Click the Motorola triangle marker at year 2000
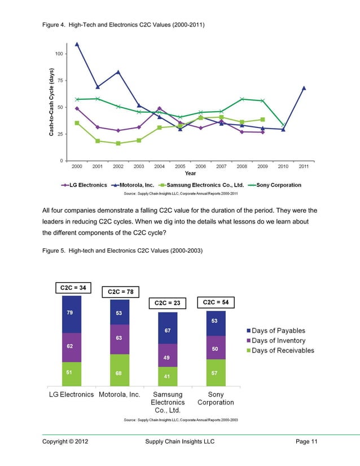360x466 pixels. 77,44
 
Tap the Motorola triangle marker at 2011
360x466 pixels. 304,88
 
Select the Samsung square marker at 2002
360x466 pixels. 118,143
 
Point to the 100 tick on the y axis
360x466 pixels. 59,54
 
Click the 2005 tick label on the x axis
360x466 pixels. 181,167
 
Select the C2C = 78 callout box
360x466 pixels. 120,292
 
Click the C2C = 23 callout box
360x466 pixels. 167,303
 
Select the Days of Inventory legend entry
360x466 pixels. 279,340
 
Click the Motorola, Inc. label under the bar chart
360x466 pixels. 119,394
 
